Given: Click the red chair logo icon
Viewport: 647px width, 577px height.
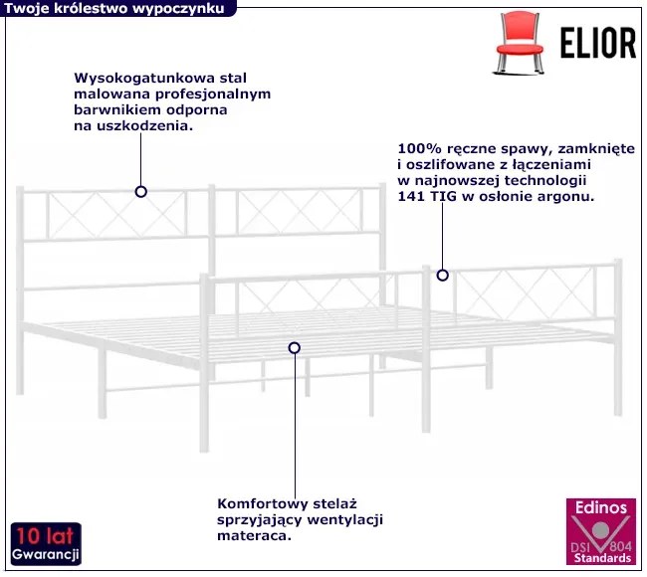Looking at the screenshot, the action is point(519,42).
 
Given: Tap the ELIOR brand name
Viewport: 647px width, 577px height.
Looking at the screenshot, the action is point(598,43).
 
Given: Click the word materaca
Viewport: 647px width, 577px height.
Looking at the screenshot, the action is point(254,536).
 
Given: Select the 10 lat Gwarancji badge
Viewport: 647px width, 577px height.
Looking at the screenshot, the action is point(46,544).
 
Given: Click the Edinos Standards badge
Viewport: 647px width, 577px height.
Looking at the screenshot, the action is point(601,531).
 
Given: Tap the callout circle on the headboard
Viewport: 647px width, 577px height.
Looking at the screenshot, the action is point(141,192).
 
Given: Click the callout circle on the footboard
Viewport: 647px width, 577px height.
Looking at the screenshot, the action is point(442,276).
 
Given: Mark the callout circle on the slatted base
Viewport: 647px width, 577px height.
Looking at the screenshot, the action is point(295,348).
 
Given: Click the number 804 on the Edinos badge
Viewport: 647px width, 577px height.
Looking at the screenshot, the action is point(620,547).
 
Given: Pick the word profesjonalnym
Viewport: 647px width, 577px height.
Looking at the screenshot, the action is point(213,95).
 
